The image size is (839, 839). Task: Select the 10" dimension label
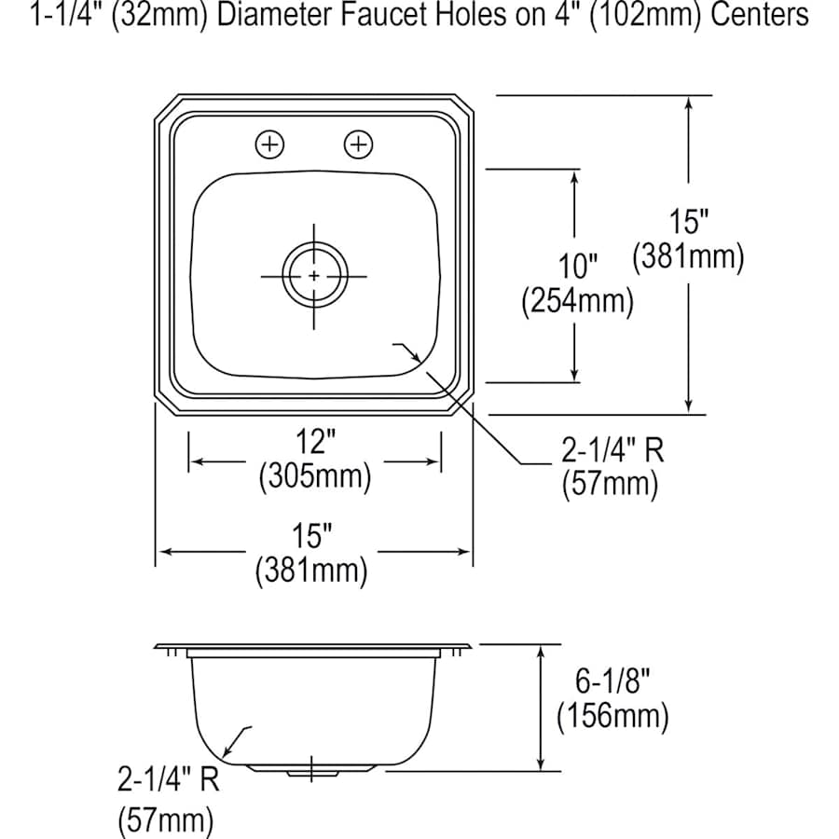577,266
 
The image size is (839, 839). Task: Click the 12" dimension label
316,442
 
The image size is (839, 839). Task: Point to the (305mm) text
315,475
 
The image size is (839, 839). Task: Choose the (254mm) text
577,301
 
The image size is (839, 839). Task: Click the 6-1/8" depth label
612,681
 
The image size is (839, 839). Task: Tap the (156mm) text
612,716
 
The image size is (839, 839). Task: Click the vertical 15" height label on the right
689,221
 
